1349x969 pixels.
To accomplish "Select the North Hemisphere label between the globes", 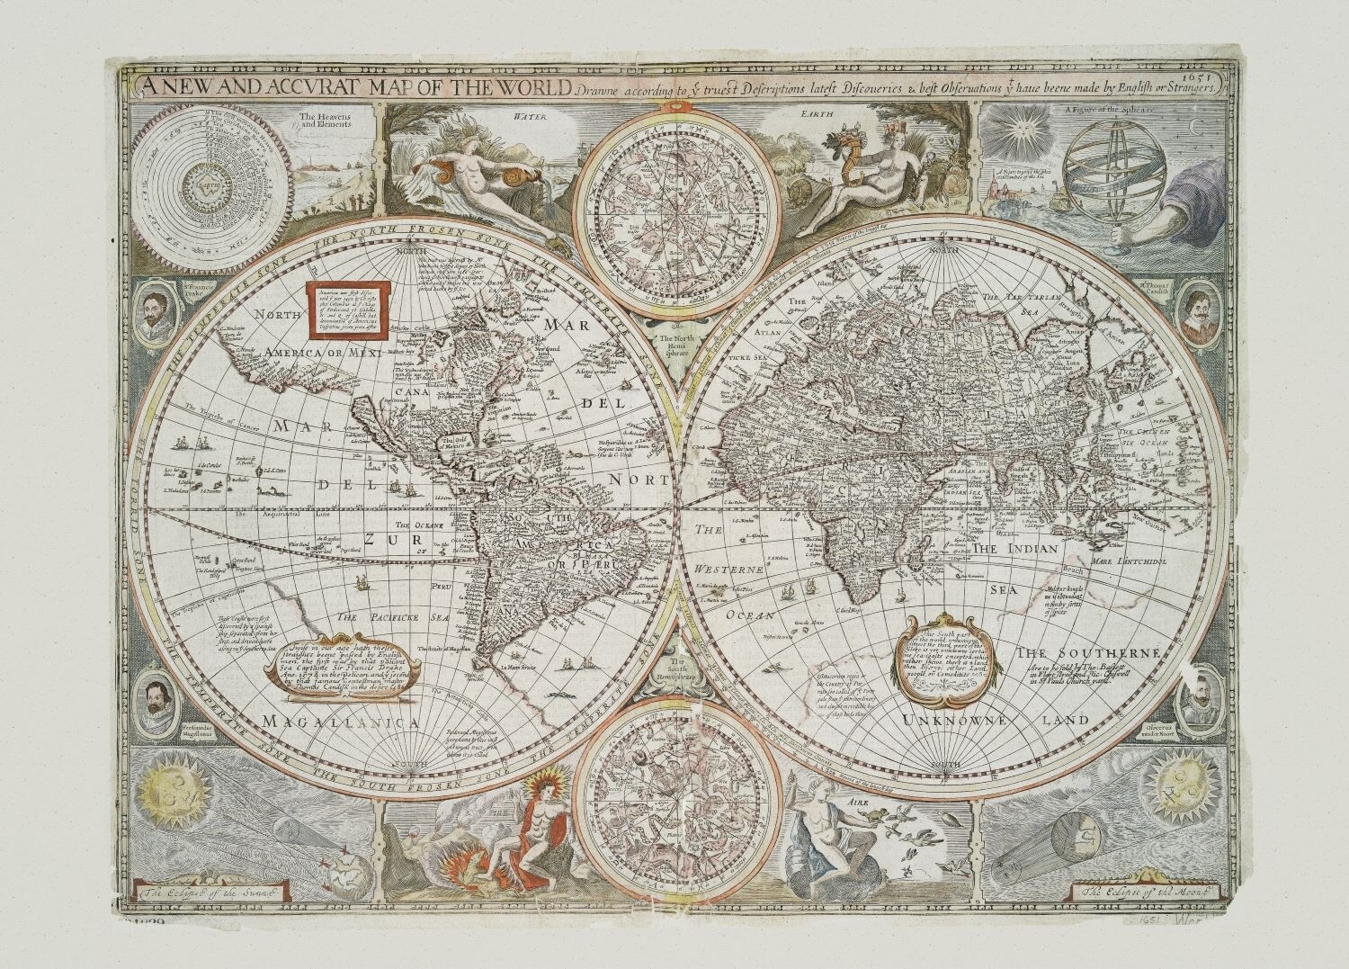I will click(x=674, y=346).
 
